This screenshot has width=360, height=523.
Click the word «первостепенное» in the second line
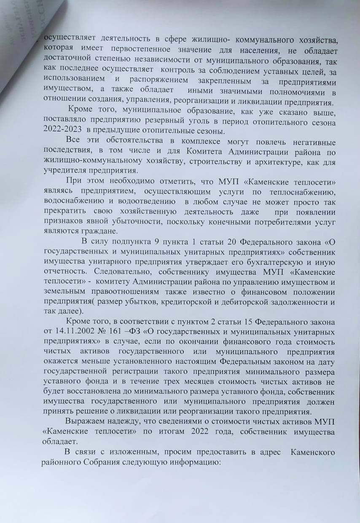[x=129, y=51]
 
